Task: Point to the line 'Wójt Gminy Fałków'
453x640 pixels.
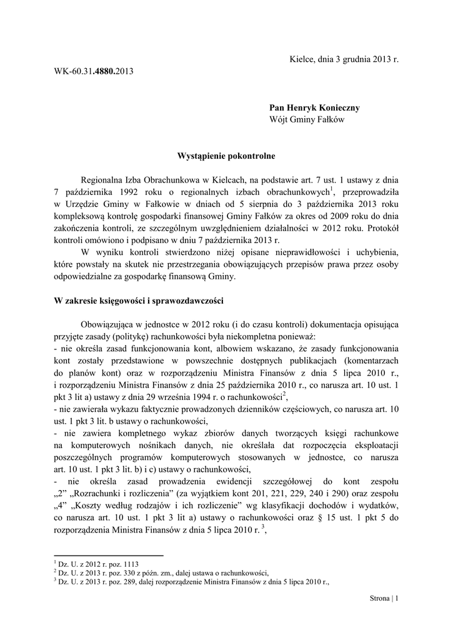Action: pyautogui.click(x=306, y=119)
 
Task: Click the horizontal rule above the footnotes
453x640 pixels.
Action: pyautogui.click(x=109, y=556)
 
